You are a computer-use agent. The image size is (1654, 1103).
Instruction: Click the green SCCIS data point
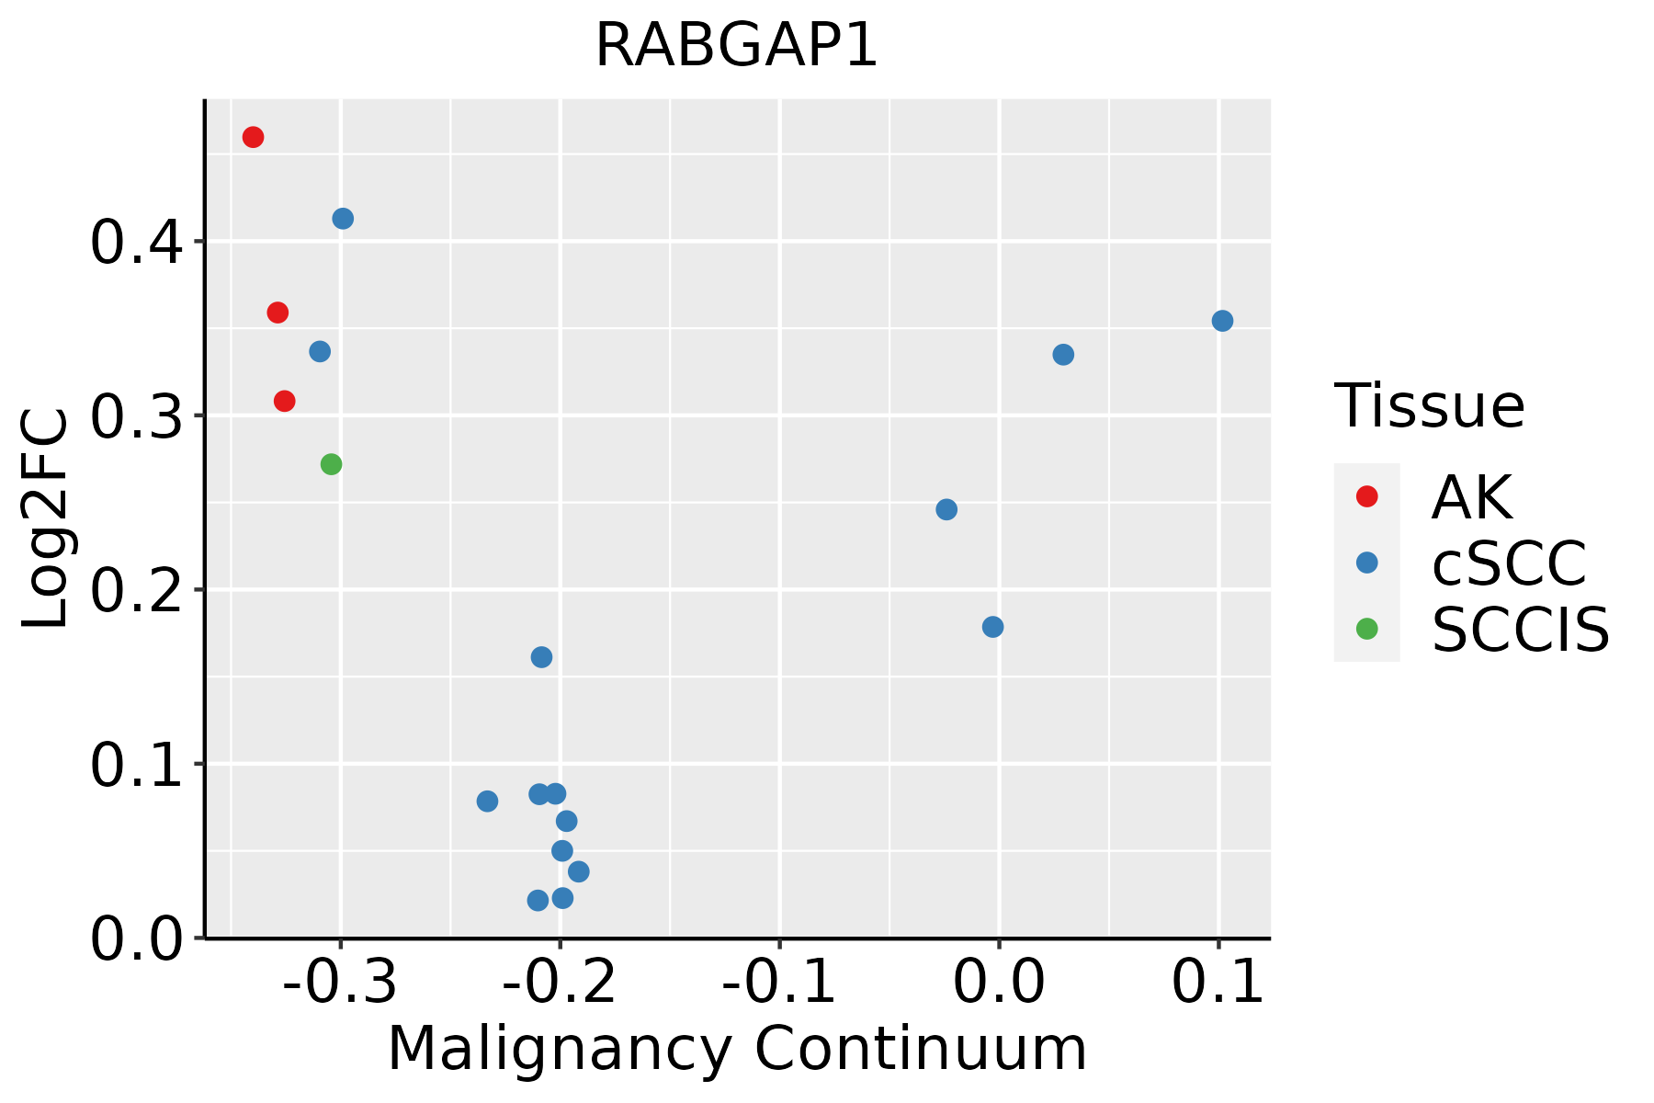(332, 464)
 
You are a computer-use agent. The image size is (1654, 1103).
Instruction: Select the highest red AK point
(254, 137)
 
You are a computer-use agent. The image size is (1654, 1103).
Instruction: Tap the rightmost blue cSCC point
(1222, 321)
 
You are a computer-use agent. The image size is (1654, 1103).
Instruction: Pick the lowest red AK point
(285, 401)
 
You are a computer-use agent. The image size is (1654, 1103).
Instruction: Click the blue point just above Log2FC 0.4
(343, 219)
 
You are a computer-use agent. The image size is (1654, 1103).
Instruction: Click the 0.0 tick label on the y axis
(134, 940)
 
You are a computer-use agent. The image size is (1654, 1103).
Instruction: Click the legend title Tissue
(1429, 405)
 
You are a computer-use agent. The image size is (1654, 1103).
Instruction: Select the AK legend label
(1471, 497)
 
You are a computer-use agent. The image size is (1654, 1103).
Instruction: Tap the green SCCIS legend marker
(1367, 629)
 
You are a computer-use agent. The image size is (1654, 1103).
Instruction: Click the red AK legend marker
(1367, 496)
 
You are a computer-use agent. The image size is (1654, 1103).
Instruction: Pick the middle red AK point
(278, 313)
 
